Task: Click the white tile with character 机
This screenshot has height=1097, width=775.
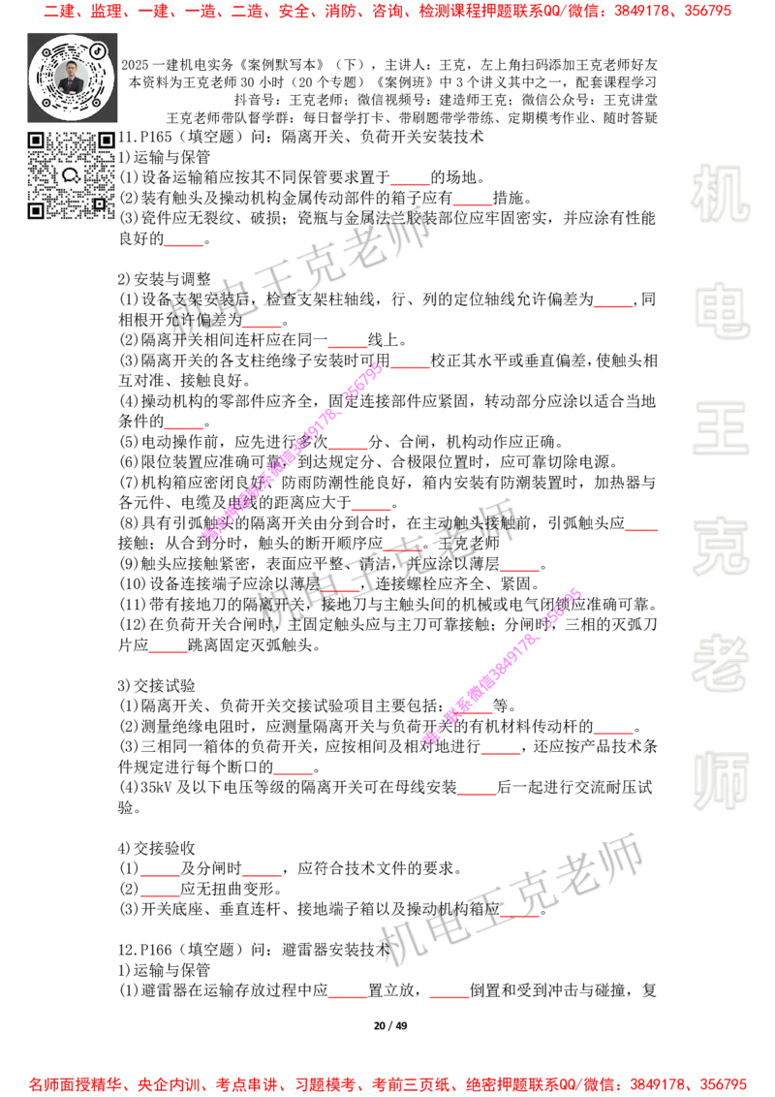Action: pyautogui.click(x=720, y=194)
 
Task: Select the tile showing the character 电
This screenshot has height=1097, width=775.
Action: pyautogui.click(x=724, y=310)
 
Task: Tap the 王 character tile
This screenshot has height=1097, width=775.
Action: pyautogui.click(x=720, y=430)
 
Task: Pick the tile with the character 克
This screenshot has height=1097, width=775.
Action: pyautogui.click(x=720, y=547)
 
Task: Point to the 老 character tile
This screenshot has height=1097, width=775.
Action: pyautogui.click(x=720, y=663)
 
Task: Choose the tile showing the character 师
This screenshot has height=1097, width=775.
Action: pyautogui.click(x=720, y=783)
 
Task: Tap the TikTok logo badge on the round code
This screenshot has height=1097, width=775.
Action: pyautogui.click(x=98, y=49)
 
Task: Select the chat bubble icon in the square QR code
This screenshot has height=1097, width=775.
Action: pyautogui.click(x=70, y=175)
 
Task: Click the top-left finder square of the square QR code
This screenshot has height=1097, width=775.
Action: pyautogui.click(x=36, y=141)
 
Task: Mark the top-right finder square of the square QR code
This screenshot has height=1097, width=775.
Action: pyautogui.click(x=106, y=141)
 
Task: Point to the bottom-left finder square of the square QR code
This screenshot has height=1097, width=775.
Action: pyautogui.click(x=36, y=210)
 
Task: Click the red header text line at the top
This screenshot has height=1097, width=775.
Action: pyautogui.click(x=387, y=12)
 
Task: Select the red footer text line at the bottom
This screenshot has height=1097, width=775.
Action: pyautogui.click(x=387, y=1083)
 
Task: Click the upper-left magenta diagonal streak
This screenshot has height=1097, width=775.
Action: pyautogui.click(x=291, y=452)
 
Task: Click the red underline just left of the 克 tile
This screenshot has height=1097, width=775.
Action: pyautogui.click(x=640, y=531)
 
